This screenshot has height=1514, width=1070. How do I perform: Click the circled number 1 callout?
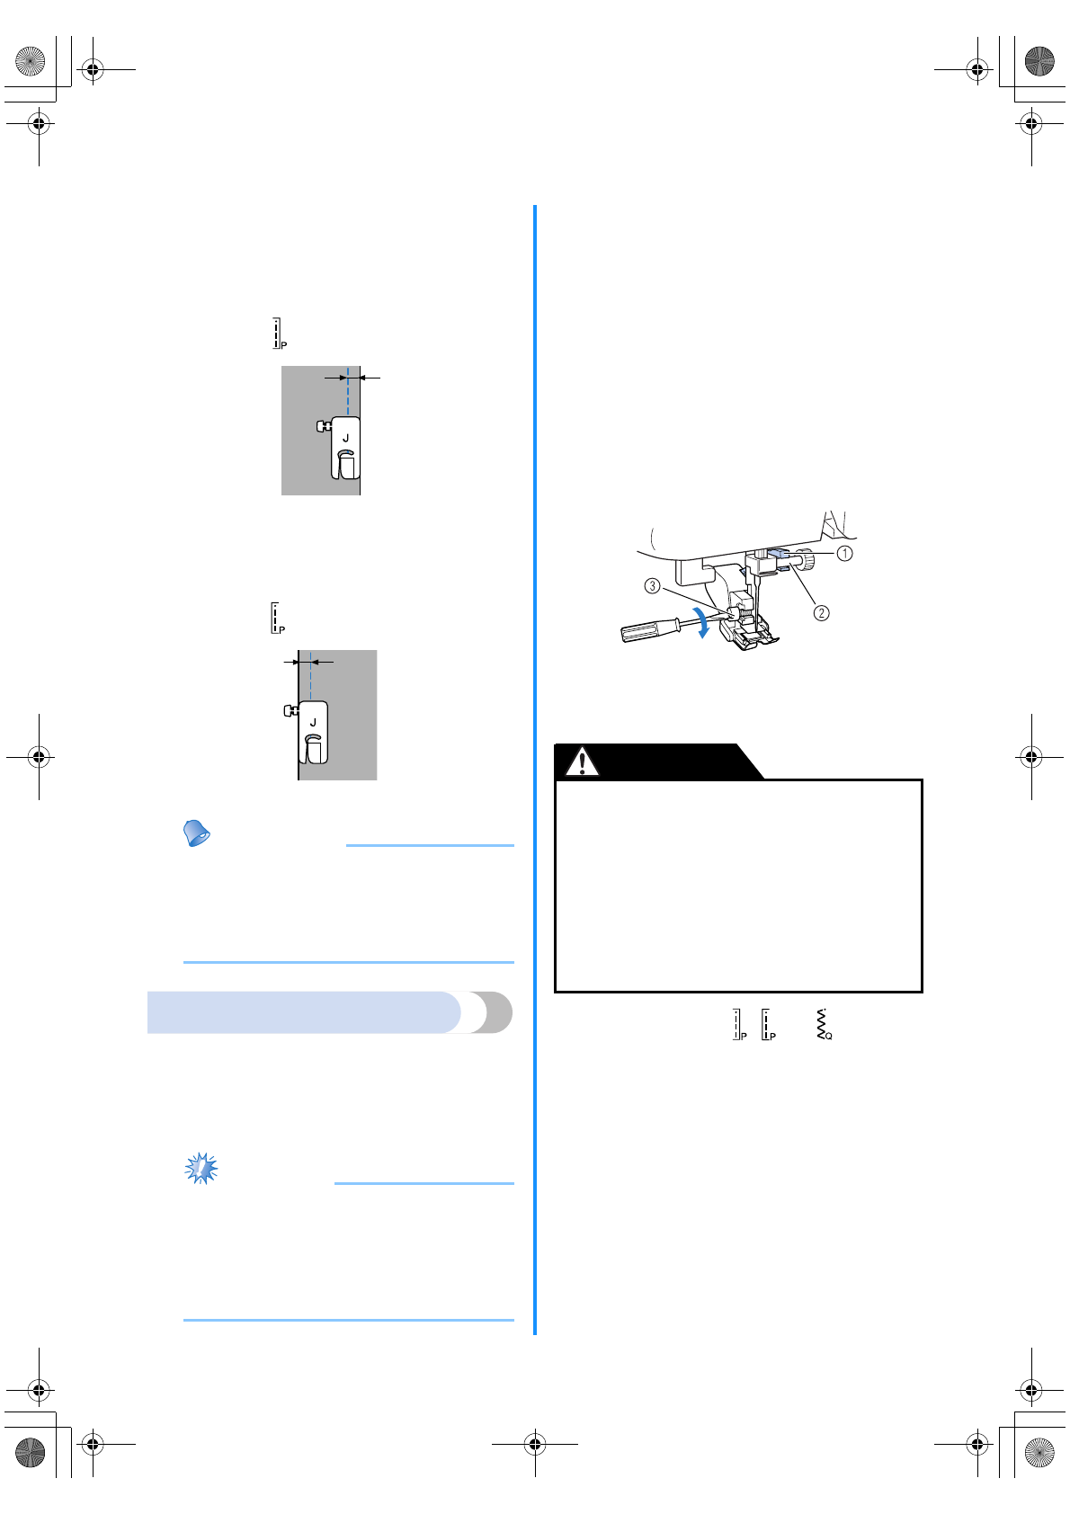pyautogui.click(x=844, y=554)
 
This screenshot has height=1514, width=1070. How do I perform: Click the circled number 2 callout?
pyautogui.click(x=821, y=613)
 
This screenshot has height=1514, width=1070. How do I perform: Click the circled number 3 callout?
pyautogui.click(x=653, y=586)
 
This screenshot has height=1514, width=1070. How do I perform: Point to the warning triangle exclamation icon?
pyautogui.click(x=582, y=762)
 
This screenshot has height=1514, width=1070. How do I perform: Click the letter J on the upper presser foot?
pyautogui.click(x=345, y=439)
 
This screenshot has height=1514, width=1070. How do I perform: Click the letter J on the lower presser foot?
pyautogui.click(x=313, y=723)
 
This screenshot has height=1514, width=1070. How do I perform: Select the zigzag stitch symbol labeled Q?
pyautogui.click(x=823, y=1025)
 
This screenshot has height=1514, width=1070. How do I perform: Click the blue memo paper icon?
pyautogui.click(x=196, y=833)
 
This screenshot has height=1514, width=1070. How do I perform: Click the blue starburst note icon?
pyautogui.click(x=201, y=1168)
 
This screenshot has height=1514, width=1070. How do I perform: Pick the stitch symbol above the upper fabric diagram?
pyautogui.click(x=279, y=334)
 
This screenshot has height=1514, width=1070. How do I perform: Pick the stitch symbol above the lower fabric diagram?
pyautogui.click(x=277, y=619)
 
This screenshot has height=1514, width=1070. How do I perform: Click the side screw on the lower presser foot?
pyautogui.click(x=290, y=710)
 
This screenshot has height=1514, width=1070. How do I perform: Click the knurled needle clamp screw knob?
pyautogui.click(x=808, y=562)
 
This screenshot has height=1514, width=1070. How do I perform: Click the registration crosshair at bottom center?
pyautogui.click(x=535, y=1445)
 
